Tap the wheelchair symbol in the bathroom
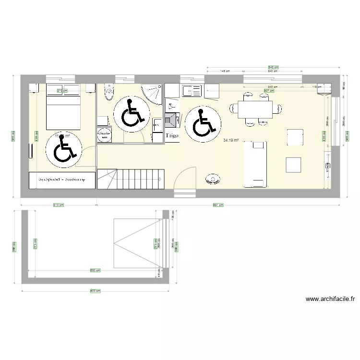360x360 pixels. point(131,113)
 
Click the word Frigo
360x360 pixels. point(172,136)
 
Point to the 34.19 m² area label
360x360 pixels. point(231,140)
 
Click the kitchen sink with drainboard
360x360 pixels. point(192,90)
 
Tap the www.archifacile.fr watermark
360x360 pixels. point(331,299)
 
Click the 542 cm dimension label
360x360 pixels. point(273,67)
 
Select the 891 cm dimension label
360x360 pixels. point(218,205)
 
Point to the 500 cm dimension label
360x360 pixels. point(95,290)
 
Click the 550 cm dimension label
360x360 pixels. point(95,270)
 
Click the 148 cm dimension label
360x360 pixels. point(224,72)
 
